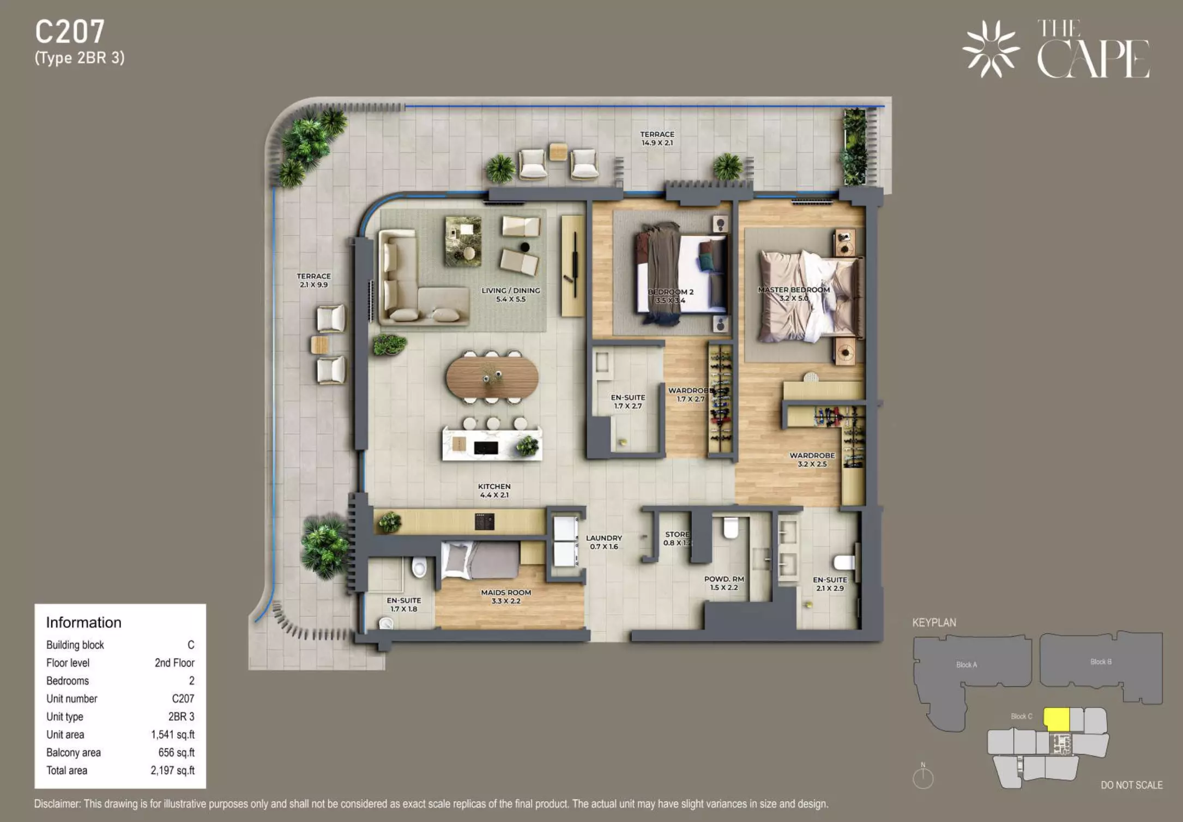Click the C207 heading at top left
pyautogui.click(x=70, y=32)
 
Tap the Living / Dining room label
pyautogui.click(x=511, y=295)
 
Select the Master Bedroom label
pyautogui.click(x=794, y=294)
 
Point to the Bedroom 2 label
pyautogui.click(x=671, y=296)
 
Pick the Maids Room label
pyautogui.click(x=506, y=596)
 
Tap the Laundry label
pyautogui.click(x=604, y=542)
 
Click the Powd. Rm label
pyautogui.click(x=724, y=583)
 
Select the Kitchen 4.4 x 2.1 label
pyautogui.click(x=494, y=491)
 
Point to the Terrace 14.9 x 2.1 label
pyautogui.click(x=657, y=138)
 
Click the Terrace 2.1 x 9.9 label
pyautogui.click(x=313, y=280)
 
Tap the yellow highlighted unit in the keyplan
pyautogui.click(x=1056, y=719)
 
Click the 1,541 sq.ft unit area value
pyautogui.click(x=173, y=734)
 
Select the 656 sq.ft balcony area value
pyautogui.click(x=177, y=752)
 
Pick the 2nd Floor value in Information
pyautogui.click(x=174, y=663)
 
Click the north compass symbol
pyautogui.click(x=923, y=776)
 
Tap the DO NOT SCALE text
pyautogui.click(x=1132, y=785)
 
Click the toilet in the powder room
pyautogui.click(x=731, y=527)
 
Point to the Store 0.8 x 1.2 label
pyautogui.click(x=677, y=539)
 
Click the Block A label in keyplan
pyautogui.click(x=967, y=664)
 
